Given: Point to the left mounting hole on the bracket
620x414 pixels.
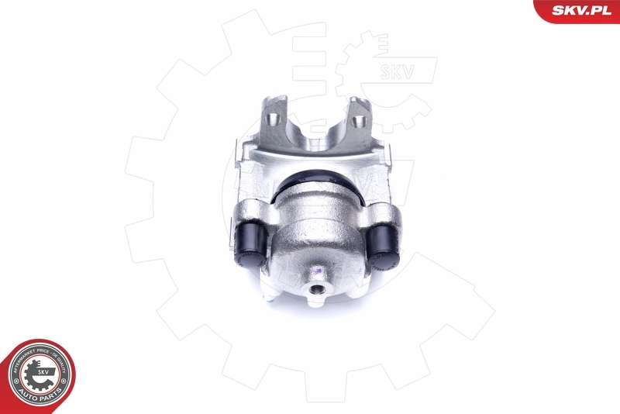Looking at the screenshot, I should [x=273, y=119].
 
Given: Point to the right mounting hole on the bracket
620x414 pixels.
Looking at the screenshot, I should [x=359, y=122].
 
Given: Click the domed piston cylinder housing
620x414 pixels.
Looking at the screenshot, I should [x=318, y=233].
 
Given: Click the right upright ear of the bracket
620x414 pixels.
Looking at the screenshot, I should [x=360, y=116].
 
